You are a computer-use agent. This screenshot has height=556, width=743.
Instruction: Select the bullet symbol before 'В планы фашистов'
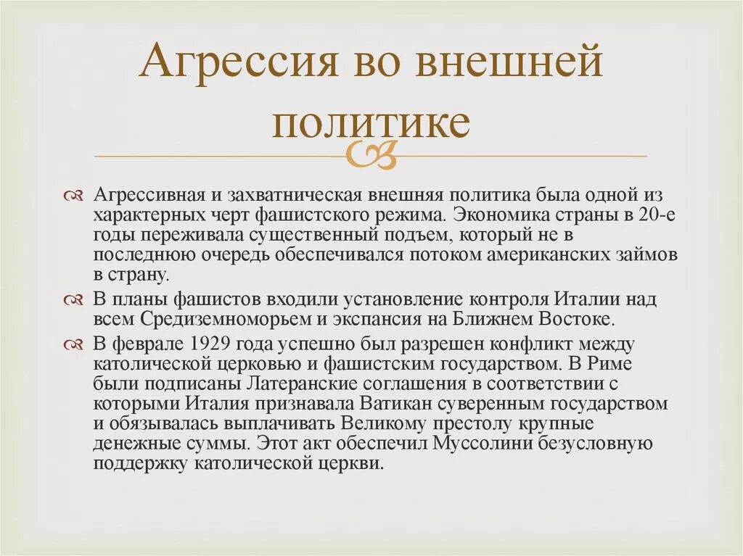coord(75,299)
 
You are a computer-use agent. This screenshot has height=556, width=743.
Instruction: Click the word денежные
coord(136,444)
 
